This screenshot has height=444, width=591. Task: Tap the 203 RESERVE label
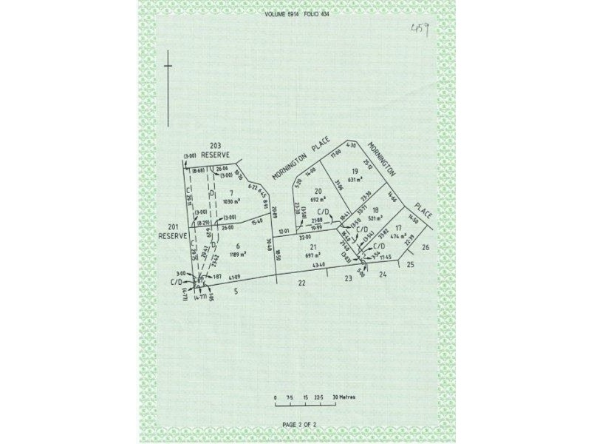coord(216,149)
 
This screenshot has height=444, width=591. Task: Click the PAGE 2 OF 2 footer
coord(299,424)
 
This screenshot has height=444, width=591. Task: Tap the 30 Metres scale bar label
coord(344,397)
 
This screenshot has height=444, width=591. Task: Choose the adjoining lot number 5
coord(236,292)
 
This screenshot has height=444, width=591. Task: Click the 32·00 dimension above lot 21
coord(304,238)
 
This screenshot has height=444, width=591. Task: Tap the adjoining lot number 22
coord(301,283)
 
